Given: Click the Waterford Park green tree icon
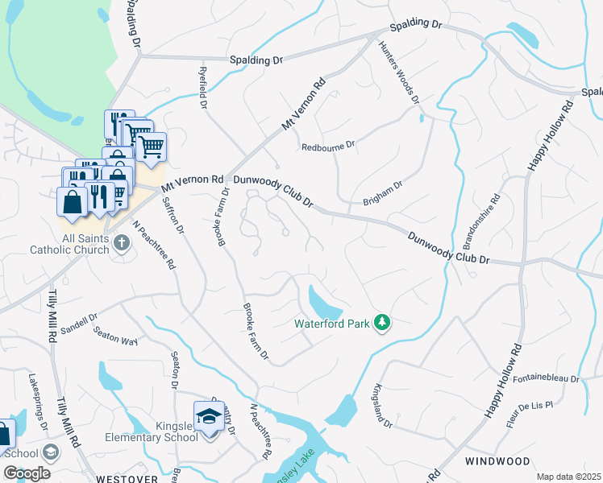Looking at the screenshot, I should (x=383, y=323).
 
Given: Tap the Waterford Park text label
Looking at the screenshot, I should (x=331, y=324).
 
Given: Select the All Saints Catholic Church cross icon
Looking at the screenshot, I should (x=121, y=242).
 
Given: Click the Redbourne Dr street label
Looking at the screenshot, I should (x=327, y=147).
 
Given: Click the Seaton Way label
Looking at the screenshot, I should (x=115, y=335).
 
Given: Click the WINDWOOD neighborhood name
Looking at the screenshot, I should (x=497, y=461).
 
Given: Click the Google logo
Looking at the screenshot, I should (x=27, y=473).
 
